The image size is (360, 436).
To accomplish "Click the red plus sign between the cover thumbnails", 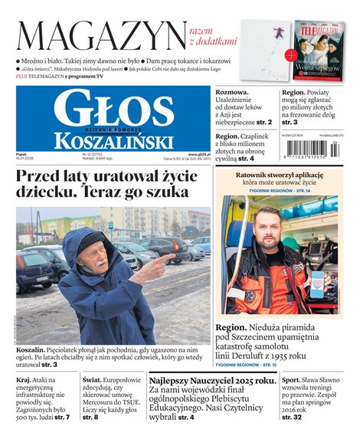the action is coord(290,55).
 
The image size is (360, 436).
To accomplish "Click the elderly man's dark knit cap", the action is coord(90,240).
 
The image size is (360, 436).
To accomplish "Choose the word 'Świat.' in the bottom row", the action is coord(93,380).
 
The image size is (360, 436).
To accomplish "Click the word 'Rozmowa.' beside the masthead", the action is coord(234,92).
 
